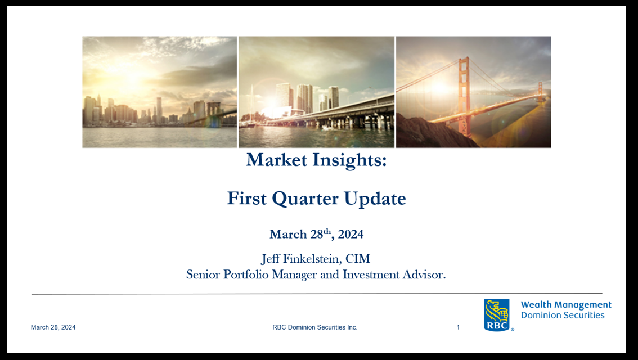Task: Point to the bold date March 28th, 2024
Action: point(317,234)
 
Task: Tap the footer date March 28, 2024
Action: point(53,327)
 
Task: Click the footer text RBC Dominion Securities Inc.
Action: point(315,327)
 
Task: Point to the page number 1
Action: point(458,327)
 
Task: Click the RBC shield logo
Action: point(497,315)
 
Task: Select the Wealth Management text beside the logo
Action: point(566,305)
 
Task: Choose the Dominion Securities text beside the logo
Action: point(563,315)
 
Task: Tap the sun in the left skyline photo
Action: point(129,75)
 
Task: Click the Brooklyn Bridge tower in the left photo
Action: point(213,112)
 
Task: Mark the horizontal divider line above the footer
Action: point(317,293)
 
